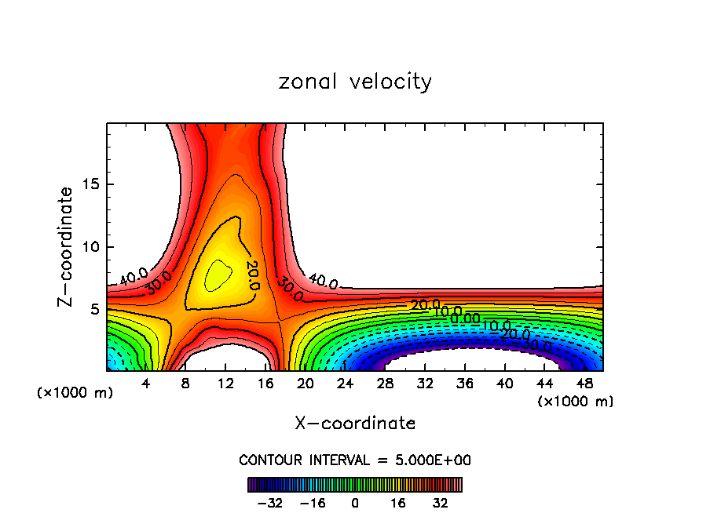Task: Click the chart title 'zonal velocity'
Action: pos(355,82)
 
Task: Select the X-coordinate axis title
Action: pos(355,423)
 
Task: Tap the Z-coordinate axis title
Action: pos(67,246)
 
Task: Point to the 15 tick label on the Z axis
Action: pos(90,185)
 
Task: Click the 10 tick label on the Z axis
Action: pos(90,247)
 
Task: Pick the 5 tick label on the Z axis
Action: pos(94,309)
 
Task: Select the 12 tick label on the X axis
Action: pos(225,384)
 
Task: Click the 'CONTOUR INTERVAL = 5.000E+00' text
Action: pos(355,460)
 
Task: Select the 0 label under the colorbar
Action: pos(355,503)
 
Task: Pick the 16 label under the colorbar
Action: pos(398,503)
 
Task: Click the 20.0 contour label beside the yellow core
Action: pos(253,275)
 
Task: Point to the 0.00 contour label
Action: pos(465,318)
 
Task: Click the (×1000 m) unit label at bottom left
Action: pos(75,393)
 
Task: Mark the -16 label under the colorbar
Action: pos(313,503)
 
